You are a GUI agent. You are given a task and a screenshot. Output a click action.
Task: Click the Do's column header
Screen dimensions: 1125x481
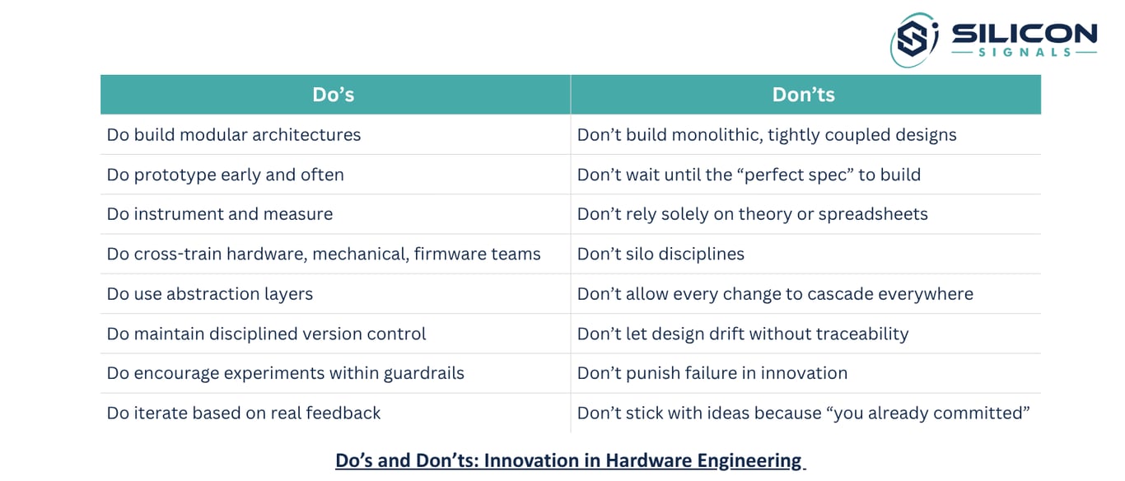(x=334, y=95)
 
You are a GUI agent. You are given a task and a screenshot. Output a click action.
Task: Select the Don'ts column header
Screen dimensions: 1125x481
(x=804, y=95)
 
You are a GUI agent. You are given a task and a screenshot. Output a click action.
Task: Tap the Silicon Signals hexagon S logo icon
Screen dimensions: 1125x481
(x=914, y=40)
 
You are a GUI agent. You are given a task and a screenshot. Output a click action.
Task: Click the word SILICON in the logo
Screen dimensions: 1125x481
(x=1025, y=34)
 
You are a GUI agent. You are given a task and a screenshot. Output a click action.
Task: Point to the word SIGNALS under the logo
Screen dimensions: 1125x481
(x=1025, y=52)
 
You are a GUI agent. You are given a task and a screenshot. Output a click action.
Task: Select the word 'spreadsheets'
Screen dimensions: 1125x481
(x=873, y=214)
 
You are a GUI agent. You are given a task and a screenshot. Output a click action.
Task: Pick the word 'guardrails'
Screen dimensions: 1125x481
(x=424, y=374)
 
